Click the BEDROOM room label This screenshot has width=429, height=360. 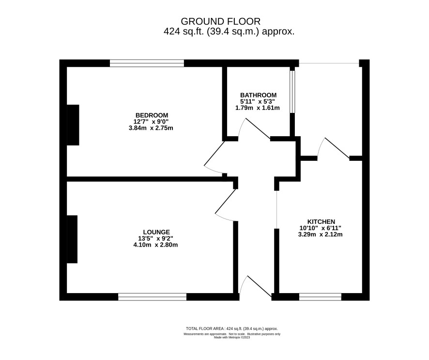coord(152,115)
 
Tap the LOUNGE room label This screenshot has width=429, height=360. coord(156,232)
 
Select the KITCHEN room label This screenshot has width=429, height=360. coord(321,222)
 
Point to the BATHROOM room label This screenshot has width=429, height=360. coord(258,95)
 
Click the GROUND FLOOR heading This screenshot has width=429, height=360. coord(220,21)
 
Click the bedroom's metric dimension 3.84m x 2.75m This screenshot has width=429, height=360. coord(151,128)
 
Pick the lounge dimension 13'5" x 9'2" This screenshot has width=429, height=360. coord(155,238)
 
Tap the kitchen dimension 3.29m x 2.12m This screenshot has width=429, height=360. coord(321,235)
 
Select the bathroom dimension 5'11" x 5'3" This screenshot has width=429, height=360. coord(258,102)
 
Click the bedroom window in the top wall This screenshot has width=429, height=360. coord(147,63)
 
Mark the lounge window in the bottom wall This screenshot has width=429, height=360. coord(153,297)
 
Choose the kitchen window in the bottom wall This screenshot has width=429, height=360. coord(321,297)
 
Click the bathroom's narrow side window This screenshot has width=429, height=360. coord(292,92)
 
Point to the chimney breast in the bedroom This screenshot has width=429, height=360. coord(73,125)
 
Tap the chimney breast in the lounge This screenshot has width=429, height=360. coord(72,239)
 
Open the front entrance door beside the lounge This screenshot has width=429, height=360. coord(256,285)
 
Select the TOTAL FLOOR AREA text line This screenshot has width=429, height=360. coord(232,329)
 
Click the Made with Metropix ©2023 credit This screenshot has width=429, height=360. coord(232,338)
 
